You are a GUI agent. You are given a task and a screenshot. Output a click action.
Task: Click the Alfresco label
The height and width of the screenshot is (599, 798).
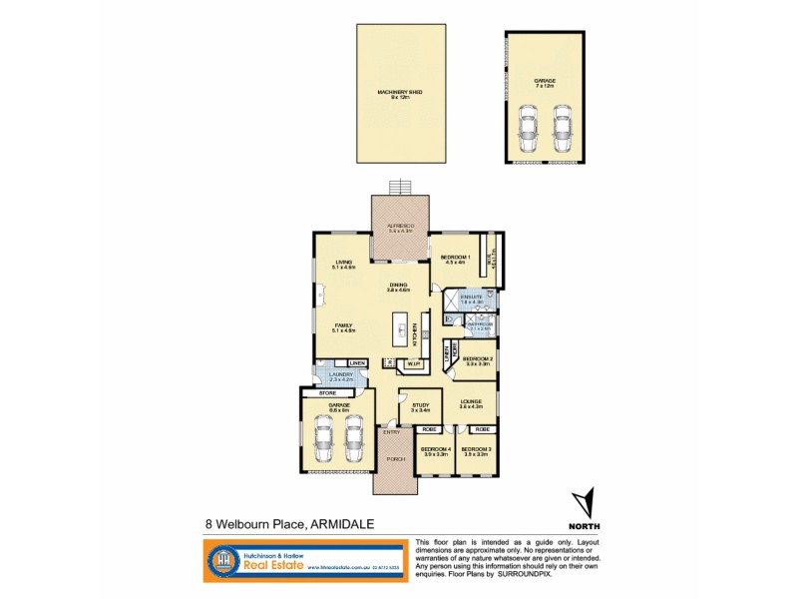click(399, 228)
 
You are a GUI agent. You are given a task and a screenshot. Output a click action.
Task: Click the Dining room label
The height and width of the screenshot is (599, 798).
click(399, 286)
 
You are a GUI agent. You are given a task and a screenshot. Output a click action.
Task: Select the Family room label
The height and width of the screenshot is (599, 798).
click(343, 326)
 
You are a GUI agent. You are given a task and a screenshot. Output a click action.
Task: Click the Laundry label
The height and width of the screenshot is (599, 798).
click(341, 376)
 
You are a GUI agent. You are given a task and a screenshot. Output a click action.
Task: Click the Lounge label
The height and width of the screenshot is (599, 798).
click(471, 402)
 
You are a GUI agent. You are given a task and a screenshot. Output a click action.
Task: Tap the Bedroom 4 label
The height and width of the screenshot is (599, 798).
click(436, 451)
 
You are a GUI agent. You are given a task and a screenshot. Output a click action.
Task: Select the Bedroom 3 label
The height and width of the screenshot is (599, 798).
click(475, 451)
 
